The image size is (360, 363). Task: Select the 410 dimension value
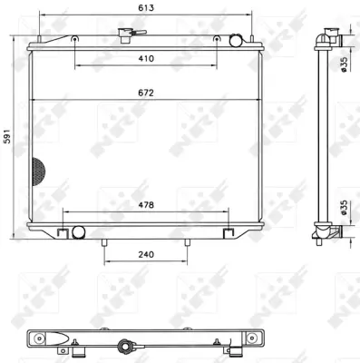146,58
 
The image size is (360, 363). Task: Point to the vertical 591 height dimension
8,136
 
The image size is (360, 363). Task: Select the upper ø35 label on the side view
345,64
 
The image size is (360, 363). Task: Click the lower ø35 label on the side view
345,208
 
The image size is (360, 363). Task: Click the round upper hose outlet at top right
238,41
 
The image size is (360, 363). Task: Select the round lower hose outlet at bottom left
77,232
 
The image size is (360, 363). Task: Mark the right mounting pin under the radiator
188,242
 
